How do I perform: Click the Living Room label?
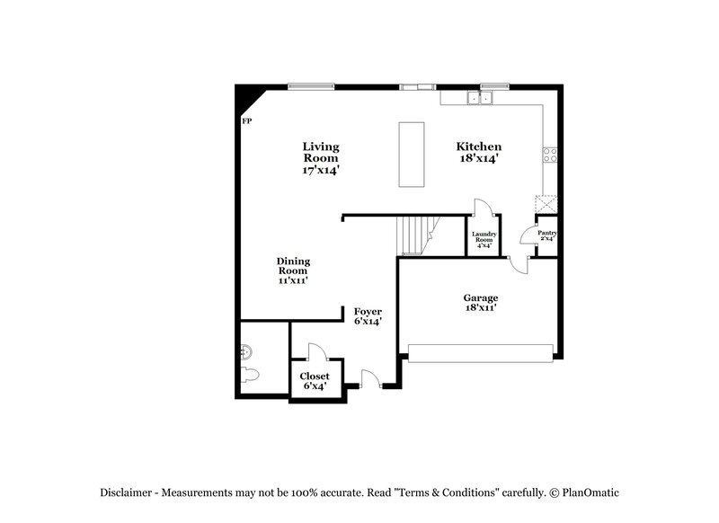pos(321,157)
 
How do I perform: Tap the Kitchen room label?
pos(478,152)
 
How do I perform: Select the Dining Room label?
pos(293,270)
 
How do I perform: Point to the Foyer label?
pos(368,316)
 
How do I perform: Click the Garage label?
pos(481,303)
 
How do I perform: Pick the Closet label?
pos(315,381)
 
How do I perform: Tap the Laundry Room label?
pos(484,239)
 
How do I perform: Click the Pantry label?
pos(547,236)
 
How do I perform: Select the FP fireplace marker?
pos(246,120)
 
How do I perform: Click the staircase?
pos(416,235)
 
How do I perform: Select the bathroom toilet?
pos(250,373)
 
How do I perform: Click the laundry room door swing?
pos(480,208)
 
